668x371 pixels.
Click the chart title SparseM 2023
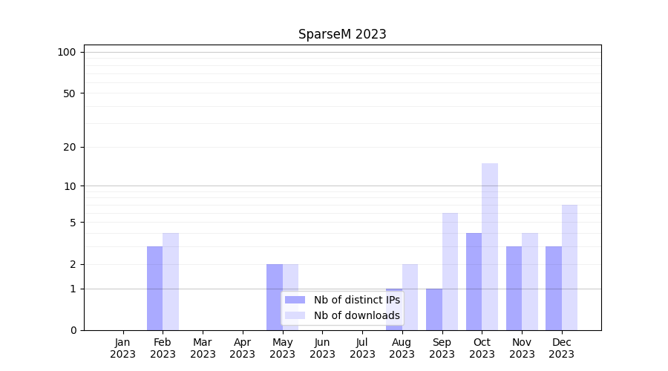tap(342, 34)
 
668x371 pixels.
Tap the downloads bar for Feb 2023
tap(171, 281)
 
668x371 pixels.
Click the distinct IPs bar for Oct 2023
tap(474, 281)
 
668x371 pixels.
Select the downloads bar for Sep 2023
tap(450, 272)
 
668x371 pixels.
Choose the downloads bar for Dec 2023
tap(569, 267)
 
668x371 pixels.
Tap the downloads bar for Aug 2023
tap(410, 297)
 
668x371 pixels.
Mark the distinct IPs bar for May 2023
tap(275, 297)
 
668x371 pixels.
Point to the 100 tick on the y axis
tap(67, 52)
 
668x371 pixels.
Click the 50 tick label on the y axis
tap(70, 93)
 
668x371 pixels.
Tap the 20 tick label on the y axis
tap(70, 147)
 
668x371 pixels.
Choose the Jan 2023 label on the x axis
tap(122, 348)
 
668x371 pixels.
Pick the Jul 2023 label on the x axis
tap(362, 348)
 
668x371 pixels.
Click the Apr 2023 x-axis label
tap(243, 348)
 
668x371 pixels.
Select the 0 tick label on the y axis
tap(73, 330)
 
